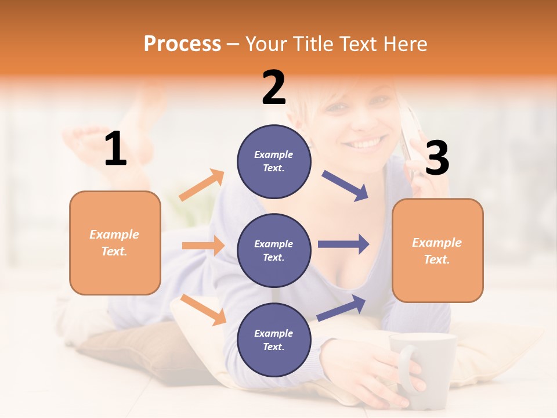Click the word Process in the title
coord(182,44)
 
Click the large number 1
coord(115,149)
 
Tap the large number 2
coord(274,88)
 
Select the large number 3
coord(437,158)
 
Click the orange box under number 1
coord(115,243)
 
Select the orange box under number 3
coord(437,250)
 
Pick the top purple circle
coord(274,161)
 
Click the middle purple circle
coord(274,250)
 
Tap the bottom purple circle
coord(274,340)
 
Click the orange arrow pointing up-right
coord(202,185)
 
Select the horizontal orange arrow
coord(203,246)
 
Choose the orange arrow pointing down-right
coord(203,309)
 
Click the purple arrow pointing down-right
coord(345,186)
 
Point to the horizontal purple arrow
coord(343,244)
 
